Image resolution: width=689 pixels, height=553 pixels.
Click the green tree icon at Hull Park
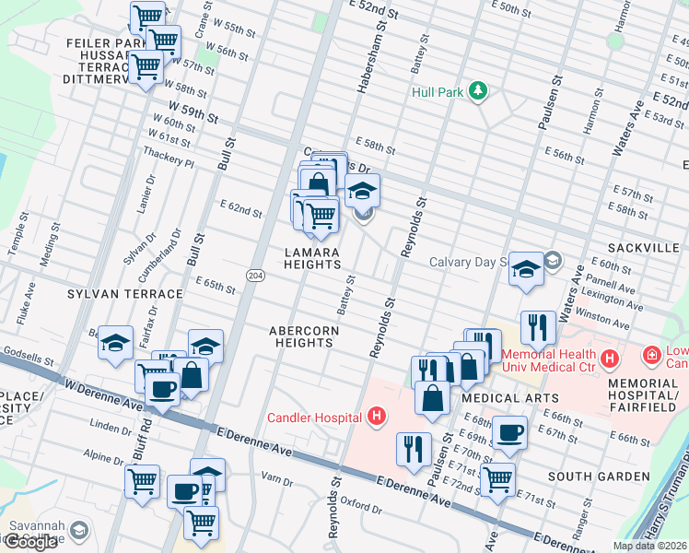click(477, 90)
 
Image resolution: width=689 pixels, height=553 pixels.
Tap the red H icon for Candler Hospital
click(375, 418)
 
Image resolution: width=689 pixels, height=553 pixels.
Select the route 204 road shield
click(255, 275)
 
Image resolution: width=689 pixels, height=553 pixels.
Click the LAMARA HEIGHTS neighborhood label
click(311, 258)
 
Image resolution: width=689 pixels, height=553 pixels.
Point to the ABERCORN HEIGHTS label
click(303, 336)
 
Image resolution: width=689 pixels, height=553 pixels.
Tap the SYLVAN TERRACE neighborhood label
click(124, 294)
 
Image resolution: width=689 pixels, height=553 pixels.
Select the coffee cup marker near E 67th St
click(510, 432)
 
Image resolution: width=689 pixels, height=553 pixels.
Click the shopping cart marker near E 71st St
click(497, 478)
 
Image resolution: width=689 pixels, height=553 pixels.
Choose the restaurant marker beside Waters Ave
click(537, 326)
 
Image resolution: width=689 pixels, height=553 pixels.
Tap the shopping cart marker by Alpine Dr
click(143, 480)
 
